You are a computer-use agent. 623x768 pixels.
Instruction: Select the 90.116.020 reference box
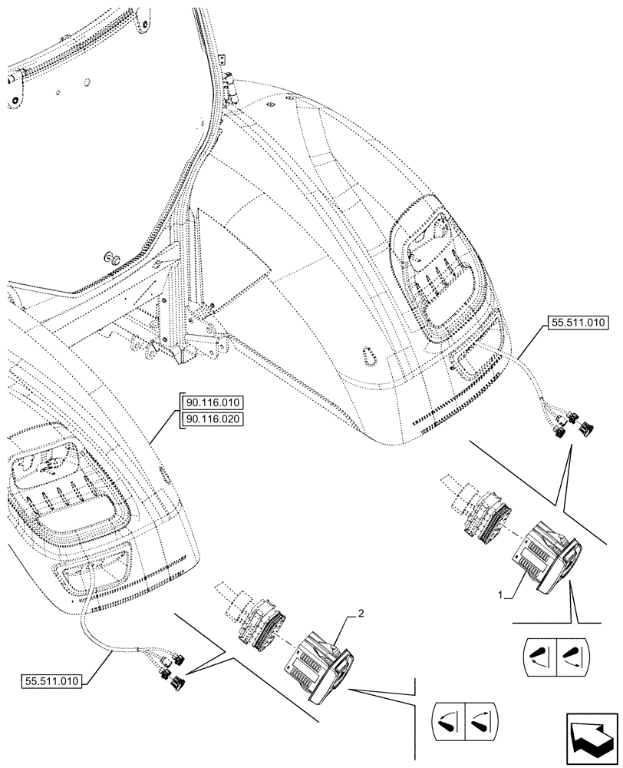[212, 419]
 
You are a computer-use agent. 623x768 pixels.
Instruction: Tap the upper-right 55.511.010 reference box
[578, 324]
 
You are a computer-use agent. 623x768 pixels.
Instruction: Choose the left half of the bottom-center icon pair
[447, 720]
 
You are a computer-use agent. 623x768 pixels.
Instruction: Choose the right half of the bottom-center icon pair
[480, 720]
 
